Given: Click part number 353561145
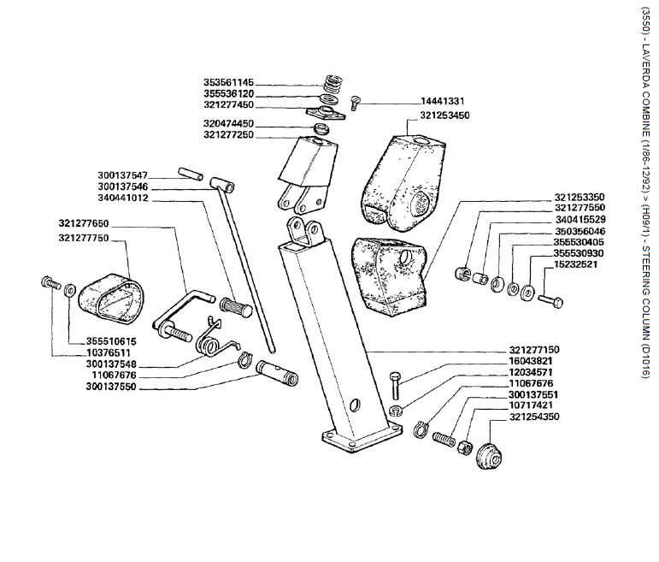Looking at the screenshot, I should [x=228, y=82].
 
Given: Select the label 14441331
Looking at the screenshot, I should [x=444, y=101].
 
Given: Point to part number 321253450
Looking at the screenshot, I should [x=444, y=115].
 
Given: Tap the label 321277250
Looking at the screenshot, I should [x=228, y=134].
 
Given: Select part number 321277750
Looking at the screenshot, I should [x=84, y=237].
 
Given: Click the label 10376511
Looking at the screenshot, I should [x=109, y=352].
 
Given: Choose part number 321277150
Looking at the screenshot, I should [x=533, y=350].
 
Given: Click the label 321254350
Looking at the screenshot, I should [x=533, y=417].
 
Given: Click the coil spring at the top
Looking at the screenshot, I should [x=332, y=84].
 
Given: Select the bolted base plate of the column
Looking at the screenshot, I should [x=359, y=441].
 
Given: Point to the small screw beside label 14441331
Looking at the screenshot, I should [x=360, y=101].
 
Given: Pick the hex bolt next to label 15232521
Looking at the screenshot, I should [x=550, y=300].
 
